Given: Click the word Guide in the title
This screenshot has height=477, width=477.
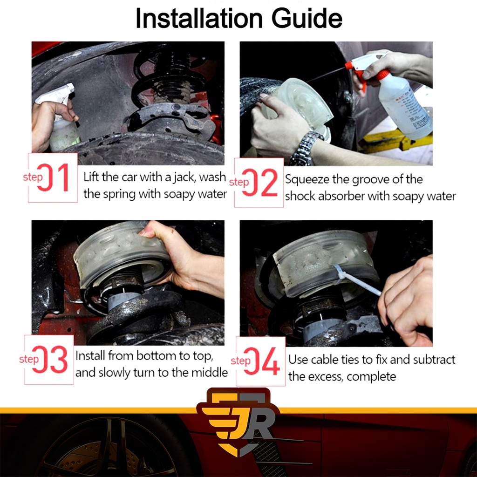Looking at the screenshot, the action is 307,18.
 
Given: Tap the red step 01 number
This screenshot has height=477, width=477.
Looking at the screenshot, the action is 53,177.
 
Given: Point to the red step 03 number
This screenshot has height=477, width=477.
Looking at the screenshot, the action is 50,359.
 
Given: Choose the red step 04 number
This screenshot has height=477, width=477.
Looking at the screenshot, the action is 262,361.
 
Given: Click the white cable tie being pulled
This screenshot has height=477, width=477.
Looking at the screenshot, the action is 357,280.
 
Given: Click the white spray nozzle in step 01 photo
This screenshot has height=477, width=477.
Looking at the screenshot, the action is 56,94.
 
